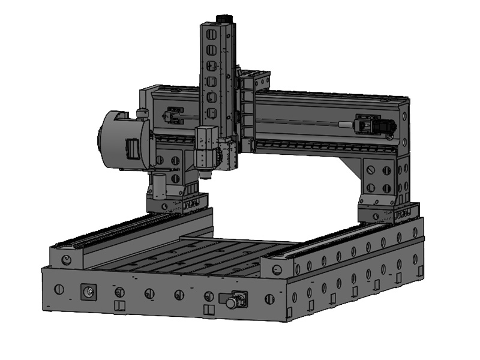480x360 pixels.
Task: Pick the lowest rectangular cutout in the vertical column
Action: (211, 113)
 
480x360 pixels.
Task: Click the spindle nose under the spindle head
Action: (206, 175)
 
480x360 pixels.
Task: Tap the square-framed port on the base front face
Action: (88, 292)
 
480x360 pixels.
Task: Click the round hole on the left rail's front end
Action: (67, 260)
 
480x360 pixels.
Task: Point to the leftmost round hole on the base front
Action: (58, 289)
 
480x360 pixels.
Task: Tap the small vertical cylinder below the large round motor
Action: (158, 186)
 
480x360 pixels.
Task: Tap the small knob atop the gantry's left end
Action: (142, 112)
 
